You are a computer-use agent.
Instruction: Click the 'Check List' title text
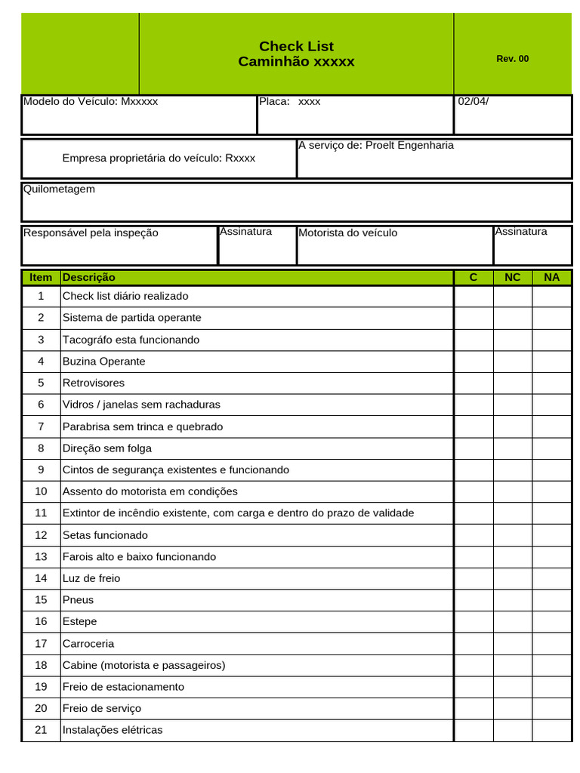(296, 46)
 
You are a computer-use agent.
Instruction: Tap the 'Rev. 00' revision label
(512, 59)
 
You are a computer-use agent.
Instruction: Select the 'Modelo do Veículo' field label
(71, 101)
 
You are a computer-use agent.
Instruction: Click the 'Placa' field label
(274, 101)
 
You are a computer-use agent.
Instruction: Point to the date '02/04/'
(474, 101)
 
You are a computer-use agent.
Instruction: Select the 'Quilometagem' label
(59, 189)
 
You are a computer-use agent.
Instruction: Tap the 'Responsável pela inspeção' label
(91, 233)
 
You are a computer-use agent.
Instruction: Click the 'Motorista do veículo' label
(347, 233)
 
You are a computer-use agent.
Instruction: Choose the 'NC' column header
(512, 277)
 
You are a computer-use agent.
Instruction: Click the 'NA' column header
(551, 277)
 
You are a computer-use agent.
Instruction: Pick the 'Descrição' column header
(89, 277)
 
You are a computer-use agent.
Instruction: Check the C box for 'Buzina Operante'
(474, 362)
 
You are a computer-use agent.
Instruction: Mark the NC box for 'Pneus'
(512, 600)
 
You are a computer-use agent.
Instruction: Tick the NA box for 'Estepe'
(551, 621)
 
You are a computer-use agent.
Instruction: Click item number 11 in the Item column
(41, 513)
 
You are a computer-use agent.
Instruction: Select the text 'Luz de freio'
(91, 578)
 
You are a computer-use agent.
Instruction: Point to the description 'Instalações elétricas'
(113, 730)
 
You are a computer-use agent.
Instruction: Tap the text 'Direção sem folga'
(107, 448)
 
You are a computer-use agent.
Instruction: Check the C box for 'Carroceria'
(474, 643)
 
